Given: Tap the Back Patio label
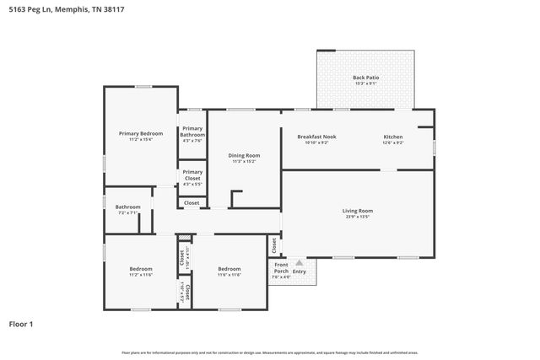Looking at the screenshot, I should [365, 78].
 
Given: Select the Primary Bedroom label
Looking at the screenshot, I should [140, 133].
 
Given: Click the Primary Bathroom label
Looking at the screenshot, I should [192, 132].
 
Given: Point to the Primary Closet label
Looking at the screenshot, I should [192, 175].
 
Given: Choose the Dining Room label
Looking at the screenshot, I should [244, 155].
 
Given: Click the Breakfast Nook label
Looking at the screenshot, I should [316, 137].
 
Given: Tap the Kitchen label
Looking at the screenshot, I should [393, 137].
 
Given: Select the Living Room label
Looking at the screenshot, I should [357, 211].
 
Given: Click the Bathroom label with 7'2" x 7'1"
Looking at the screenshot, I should [127, 207].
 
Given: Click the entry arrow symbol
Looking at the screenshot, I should [299, 263].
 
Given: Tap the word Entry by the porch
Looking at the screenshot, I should [300, 271].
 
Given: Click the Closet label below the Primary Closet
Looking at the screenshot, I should [192, 202].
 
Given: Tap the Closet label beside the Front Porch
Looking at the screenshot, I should [274, 245].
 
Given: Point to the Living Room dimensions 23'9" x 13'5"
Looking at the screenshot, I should [357, 217].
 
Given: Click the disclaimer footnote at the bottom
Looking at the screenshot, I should [269, 352].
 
